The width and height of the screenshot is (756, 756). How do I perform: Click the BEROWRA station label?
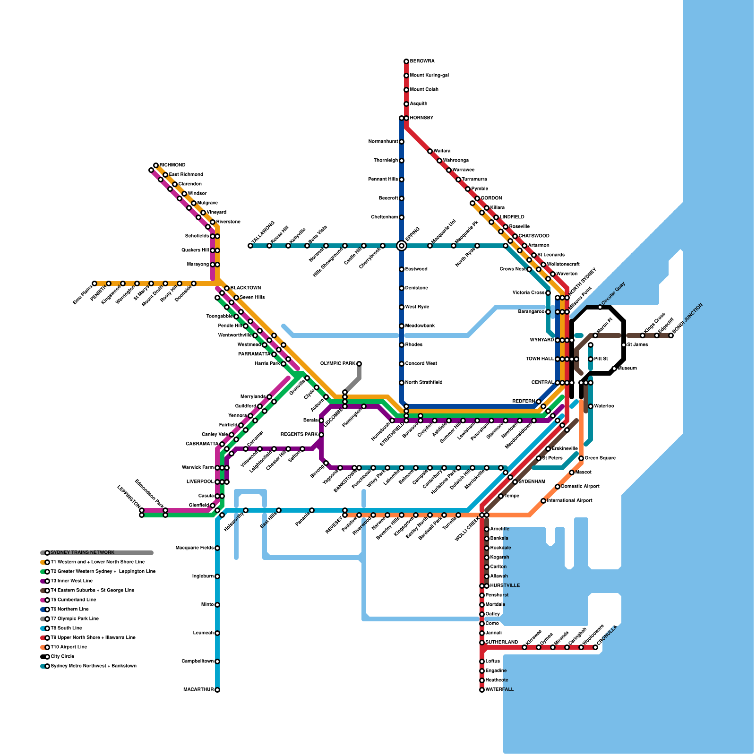click(x=422, y=61)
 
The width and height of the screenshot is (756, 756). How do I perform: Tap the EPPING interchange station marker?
click(x=402, y=246)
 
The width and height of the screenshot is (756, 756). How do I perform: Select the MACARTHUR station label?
click(x=198, y=690)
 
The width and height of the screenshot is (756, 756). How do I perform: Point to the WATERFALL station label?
click(x=499, y=690)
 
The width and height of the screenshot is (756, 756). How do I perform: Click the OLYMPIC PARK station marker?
click(x=359, y=364)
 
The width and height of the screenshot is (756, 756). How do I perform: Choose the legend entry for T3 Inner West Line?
click(x=71, y=581)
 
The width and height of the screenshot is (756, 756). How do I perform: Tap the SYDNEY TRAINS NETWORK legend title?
click(x=82, y=553)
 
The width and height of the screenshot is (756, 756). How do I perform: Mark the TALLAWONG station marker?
click(x=250, y=246)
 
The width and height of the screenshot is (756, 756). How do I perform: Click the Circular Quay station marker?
click(x=600, y=307)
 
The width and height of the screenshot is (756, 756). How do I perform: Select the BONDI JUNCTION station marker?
click(x=671, y=335)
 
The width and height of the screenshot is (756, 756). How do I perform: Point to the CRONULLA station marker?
click(x=595, y=647)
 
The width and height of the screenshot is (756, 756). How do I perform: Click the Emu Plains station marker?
click(x=94, y=283)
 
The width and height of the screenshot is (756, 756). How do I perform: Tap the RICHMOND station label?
click(x=172, y=165)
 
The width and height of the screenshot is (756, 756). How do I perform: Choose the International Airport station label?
click(x=569, y=501)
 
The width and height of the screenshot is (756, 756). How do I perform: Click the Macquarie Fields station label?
click(x=195, y=548)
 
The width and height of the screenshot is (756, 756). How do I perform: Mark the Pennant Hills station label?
click(x=383, y=180)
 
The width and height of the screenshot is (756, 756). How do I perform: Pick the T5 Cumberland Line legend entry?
click(x=73, y=600)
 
